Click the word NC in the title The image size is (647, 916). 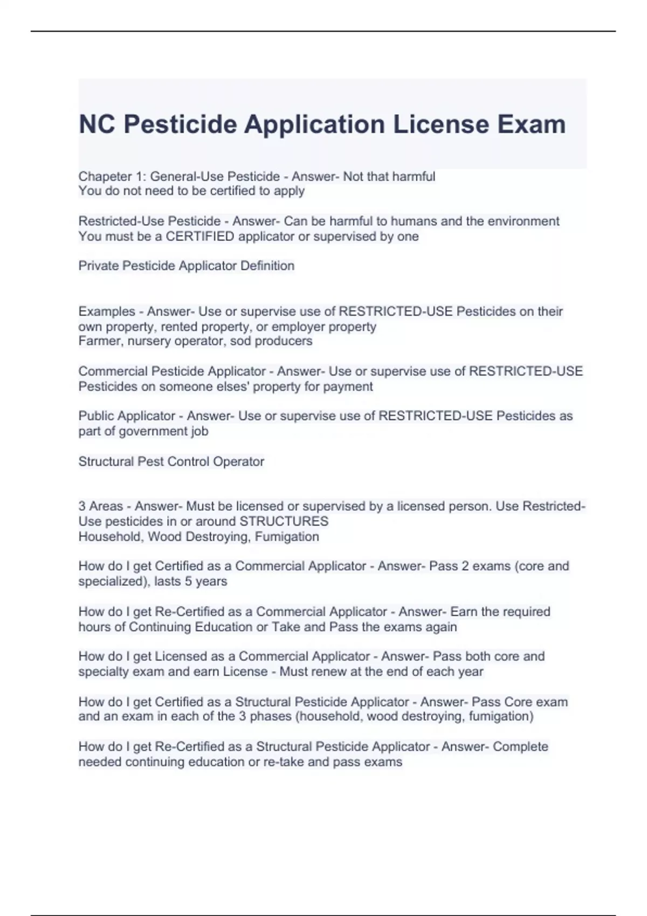[x=97, y=124]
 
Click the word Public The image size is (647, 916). [x=96, y=416]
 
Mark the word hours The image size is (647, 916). [x=93, y=627]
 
